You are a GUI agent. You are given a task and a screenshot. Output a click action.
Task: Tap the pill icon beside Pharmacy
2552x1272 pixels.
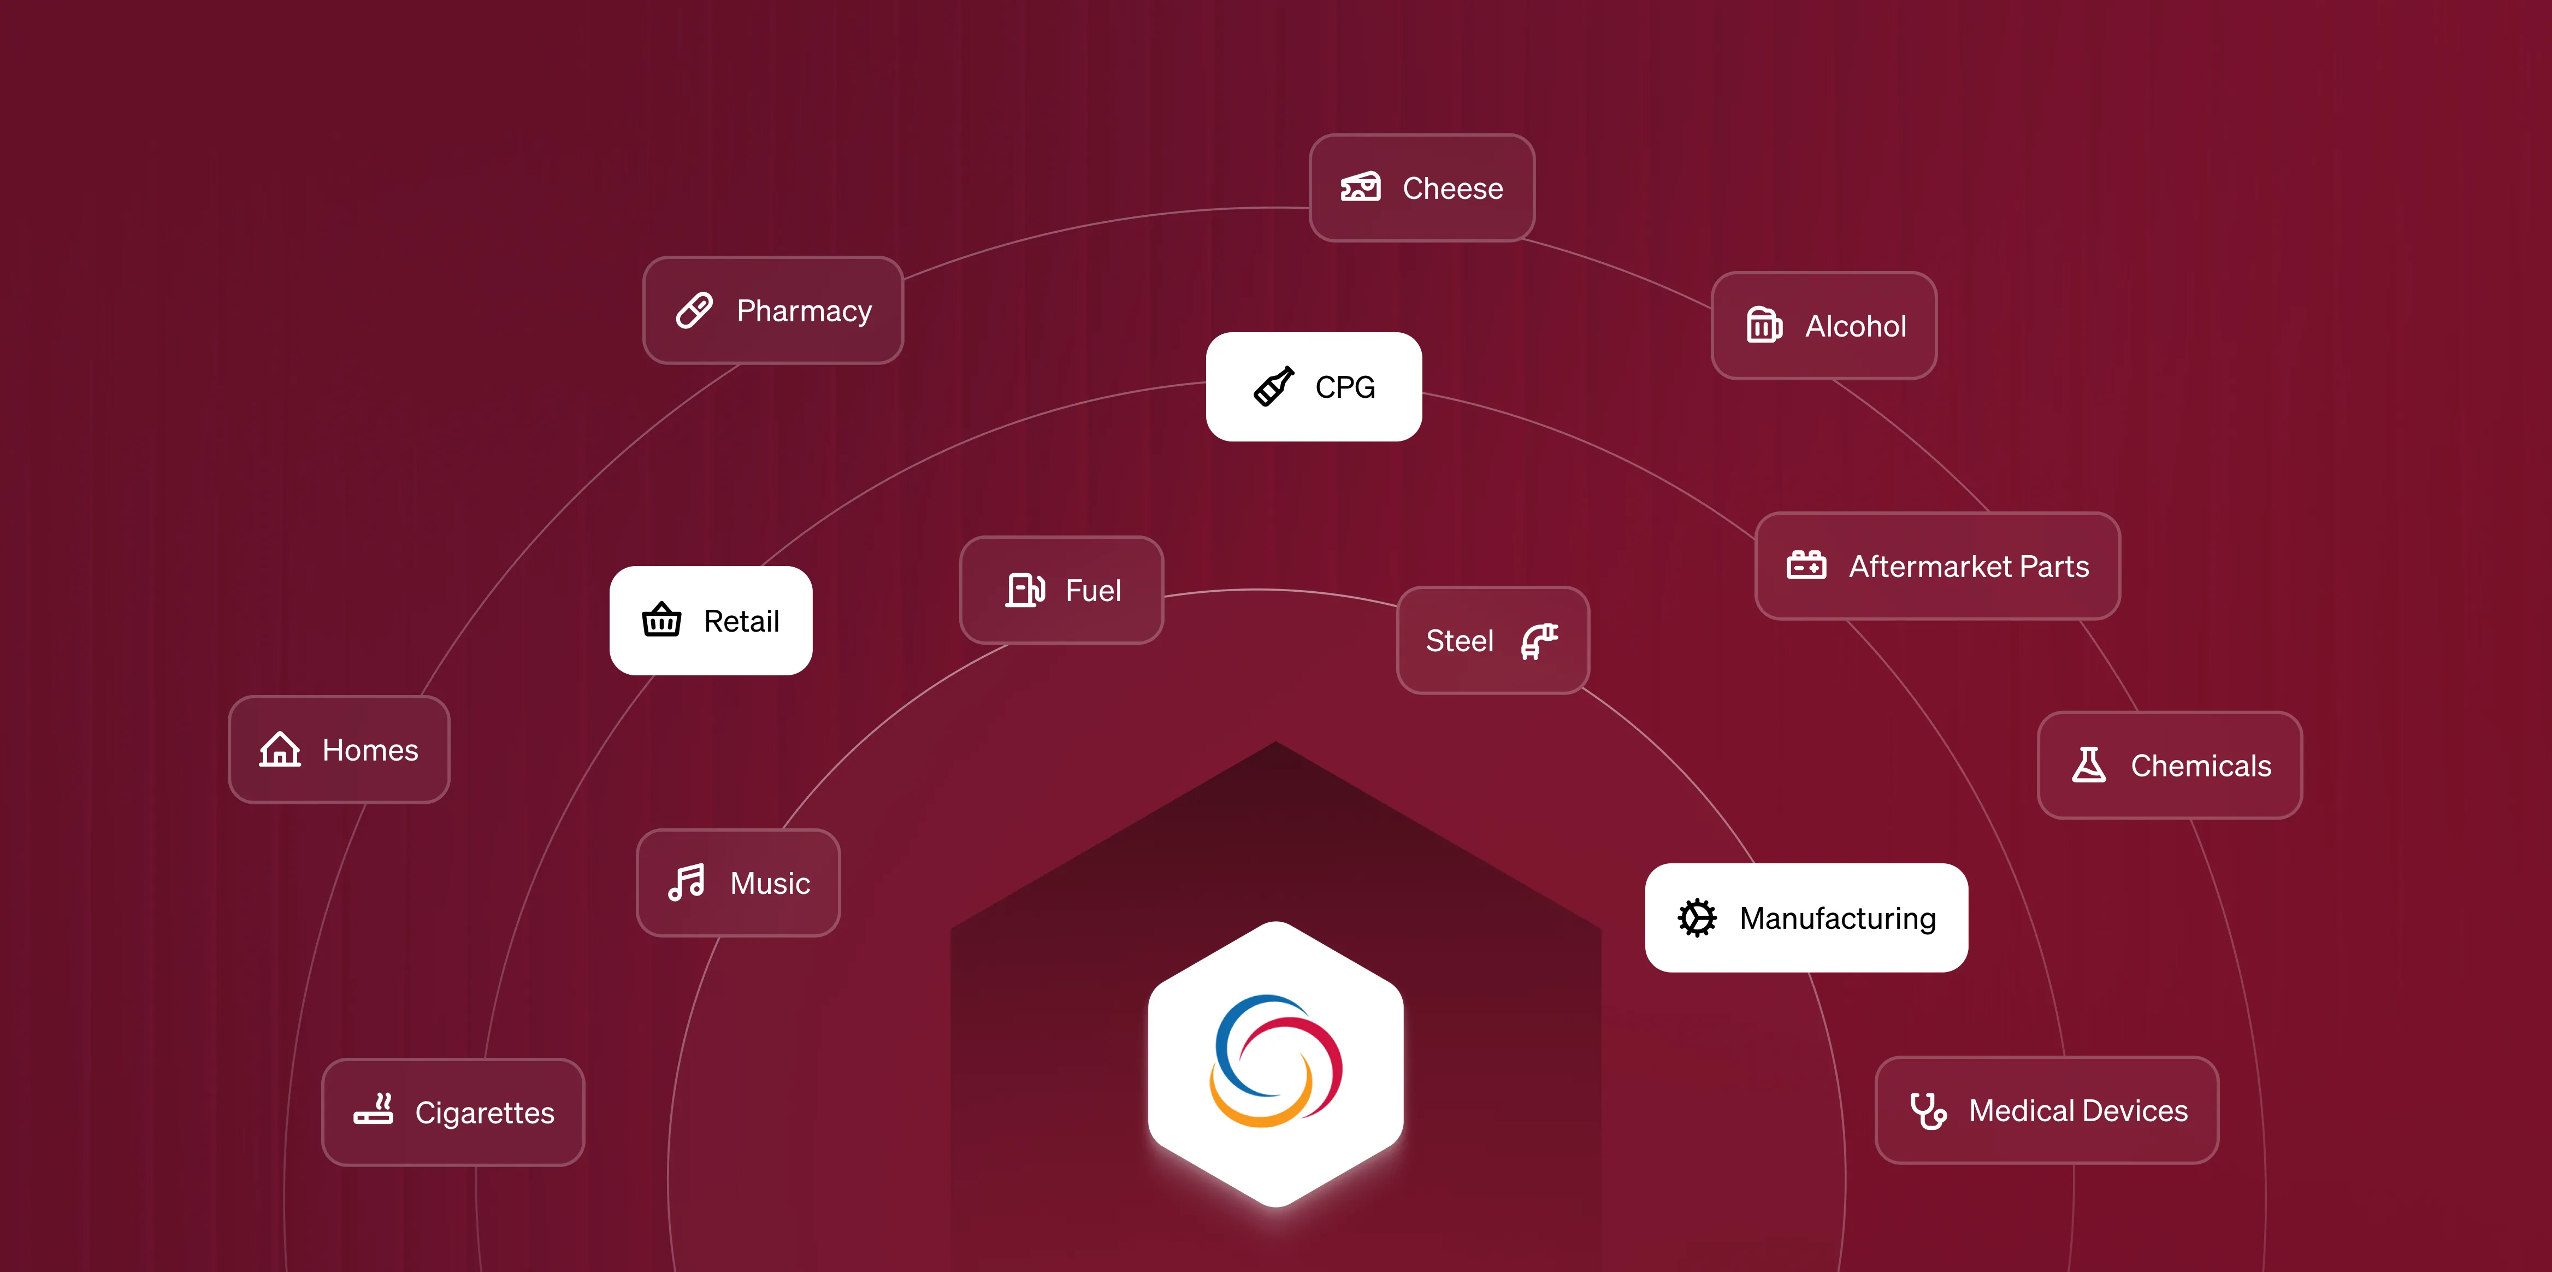[694, 310]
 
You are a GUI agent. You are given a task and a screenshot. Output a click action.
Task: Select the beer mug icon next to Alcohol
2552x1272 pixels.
[1763, 325]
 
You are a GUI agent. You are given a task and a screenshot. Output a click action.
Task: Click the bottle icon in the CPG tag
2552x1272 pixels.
[1274, 386]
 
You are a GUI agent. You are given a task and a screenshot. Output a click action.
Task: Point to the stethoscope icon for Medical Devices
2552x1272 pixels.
[1928, 1110]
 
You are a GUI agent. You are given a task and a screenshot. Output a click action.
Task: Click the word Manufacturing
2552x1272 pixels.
[1838, 918]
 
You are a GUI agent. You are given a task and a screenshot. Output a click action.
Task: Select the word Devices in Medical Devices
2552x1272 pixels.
[2135, 1110]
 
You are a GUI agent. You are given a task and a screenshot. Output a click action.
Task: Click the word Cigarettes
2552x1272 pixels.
[485, 1112]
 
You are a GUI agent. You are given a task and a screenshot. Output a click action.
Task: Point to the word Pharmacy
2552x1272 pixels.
[804, 311]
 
